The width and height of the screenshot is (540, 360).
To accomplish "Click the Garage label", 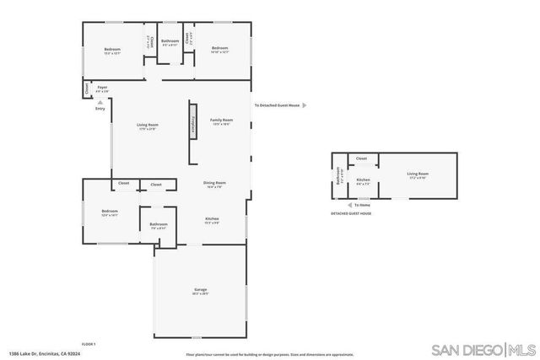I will click(x=201, y=290).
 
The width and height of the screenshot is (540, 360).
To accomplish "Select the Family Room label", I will click(x=221, y=121).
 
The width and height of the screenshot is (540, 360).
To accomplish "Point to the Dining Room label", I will click(x=214, y=183).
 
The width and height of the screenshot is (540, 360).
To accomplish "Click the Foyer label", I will click(x=102, y=87).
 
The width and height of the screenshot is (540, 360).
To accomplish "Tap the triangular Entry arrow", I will click(x=100, y=102).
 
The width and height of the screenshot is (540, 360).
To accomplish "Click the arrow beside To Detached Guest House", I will click(x=305, y=105).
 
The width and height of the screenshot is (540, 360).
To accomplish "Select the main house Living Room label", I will click(x=148, y=126).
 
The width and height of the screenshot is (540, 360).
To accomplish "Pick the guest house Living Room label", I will click(x=418, y=174).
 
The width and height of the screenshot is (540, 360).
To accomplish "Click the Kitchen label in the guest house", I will click(x=363, y=180).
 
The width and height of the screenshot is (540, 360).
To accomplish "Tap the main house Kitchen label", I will click(x=212, y=219).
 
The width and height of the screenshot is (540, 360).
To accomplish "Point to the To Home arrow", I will click(x=349, y=204).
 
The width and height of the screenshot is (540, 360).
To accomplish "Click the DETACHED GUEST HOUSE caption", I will click(x=352, y=214).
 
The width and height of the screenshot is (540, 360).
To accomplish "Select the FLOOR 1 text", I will click(x=89, y=344).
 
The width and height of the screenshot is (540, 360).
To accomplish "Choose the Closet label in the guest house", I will click(x=361, y=159).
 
